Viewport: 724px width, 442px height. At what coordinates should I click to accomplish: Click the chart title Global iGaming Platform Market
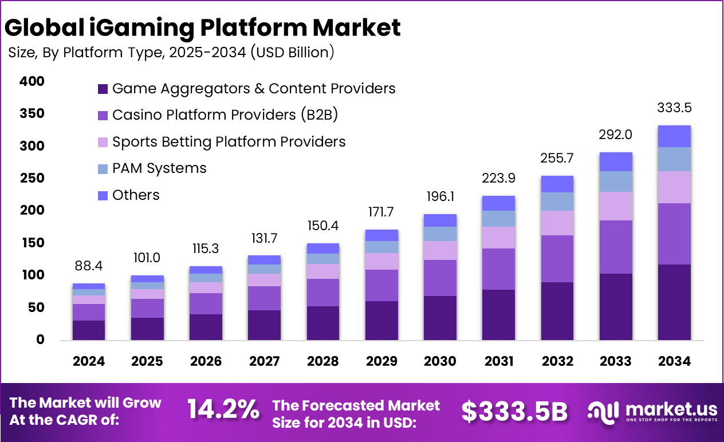click(204, 27)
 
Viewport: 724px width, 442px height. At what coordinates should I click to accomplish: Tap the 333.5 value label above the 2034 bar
click(674, 108)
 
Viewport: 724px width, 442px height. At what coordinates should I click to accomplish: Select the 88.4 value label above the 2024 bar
click(89, 266)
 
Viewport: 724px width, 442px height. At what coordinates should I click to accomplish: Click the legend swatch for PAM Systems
click(103, 169)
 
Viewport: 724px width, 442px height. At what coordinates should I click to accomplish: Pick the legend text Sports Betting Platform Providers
click(229, 141)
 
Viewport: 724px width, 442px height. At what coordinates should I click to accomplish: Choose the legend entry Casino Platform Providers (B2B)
click(225, 115)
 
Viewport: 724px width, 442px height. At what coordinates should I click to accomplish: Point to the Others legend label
click(136, 195)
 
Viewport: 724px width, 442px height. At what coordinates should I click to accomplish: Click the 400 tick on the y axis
click(32, 81)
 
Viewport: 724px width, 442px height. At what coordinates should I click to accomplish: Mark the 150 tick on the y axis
click(32, 243)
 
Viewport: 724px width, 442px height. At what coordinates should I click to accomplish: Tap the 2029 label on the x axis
click(381, 361)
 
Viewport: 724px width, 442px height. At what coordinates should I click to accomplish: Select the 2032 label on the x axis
click(557, 361)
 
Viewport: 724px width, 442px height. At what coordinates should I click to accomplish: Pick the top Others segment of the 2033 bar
click(615, 161)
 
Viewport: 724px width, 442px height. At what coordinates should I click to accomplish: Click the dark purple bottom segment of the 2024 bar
click(89, 330)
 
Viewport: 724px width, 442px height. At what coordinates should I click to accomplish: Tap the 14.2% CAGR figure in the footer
click(223, 410)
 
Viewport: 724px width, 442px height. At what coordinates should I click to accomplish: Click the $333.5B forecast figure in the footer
click(514, 411)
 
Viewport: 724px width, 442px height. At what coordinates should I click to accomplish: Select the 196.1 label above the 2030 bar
click(440, 197)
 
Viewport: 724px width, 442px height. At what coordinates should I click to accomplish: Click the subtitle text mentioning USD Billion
click(171, 53)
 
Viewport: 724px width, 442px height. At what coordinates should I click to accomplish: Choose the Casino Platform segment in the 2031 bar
click(498, 269)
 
